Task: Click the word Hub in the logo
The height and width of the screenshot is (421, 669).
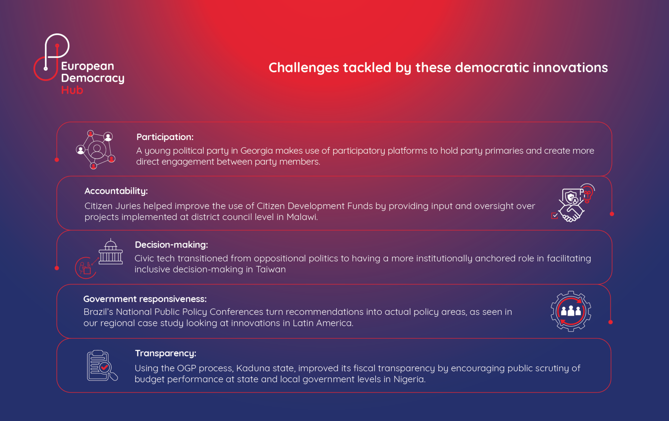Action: tap(72, 90)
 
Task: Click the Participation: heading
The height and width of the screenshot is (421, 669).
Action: tap(165, 137)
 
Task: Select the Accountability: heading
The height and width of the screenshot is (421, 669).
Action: tap(116, 191)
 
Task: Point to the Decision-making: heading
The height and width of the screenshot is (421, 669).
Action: tap(171, 245)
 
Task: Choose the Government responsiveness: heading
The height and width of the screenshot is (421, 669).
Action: tap(145, 299)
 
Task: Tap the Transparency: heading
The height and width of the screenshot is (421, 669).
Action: tap(165, 353)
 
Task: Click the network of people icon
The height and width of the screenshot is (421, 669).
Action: tap(95, 149)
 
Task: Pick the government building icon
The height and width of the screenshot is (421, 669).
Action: tap(111, 252)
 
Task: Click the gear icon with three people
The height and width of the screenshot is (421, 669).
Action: tap(571, 311)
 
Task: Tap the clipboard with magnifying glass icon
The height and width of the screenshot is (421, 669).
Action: tap(102, 366)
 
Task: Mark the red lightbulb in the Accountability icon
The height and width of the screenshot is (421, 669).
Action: tap(587, 195)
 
